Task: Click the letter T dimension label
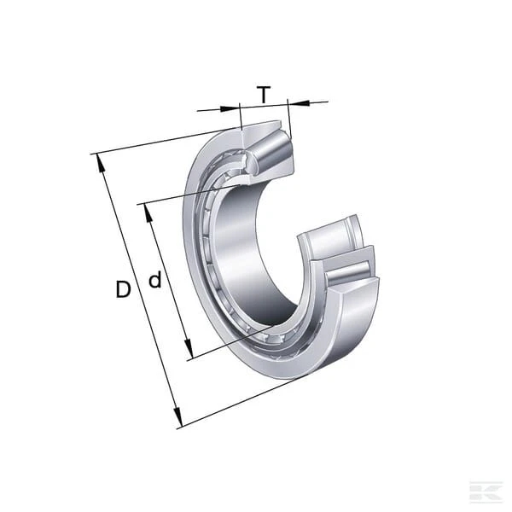point(264,94)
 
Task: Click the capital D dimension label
point(123,289)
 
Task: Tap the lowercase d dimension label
point(155,279)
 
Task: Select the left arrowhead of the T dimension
point(230,109)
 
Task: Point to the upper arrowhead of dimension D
point(100,163)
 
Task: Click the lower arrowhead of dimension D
point(177,417)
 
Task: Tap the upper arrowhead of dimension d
point(148,213)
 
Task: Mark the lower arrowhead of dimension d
point(188,349)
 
